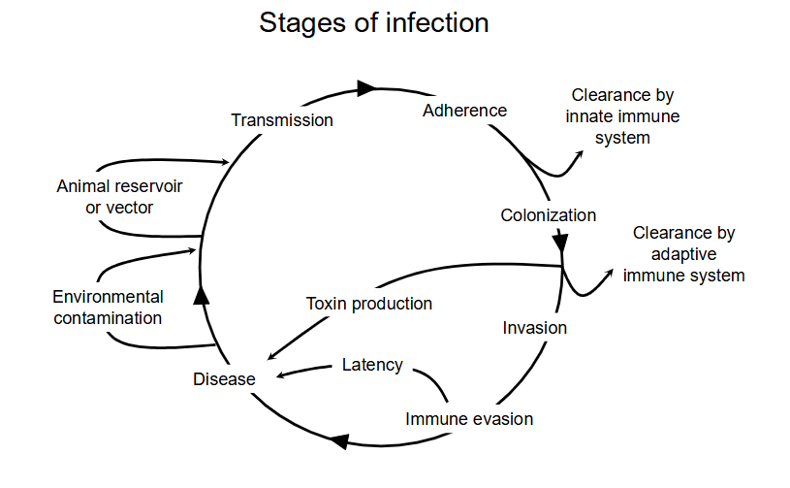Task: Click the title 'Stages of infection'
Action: click(x=373, y=23)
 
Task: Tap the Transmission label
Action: click(x=282, y=120)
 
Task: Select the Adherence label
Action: click(x=464, y=111)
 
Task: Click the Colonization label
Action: click(x=548, y=215)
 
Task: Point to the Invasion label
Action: click(x=534, y=328)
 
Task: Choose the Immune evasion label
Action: click(x=469, y=419)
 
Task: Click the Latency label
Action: click(x=372, y=365)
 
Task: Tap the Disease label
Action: click(x=224, y=378)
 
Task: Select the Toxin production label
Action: click(x=368, y=304)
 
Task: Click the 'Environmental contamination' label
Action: click(x=108, y=307)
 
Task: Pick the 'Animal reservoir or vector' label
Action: click(x=119, y=195)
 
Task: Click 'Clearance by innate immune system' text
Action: click(x=622, y=116)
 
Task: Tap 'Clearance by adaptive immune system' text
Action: click(x=683, y=254)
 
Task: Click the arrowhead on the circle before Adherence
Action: click(x=365, y=88)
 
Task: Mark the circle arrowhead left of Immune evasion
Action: click(x=336, y=441)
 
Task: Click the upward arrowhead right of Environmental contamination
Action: click(x=202, y=295)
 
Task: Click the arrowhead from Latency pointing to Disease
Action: click(x=280, y=374)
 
